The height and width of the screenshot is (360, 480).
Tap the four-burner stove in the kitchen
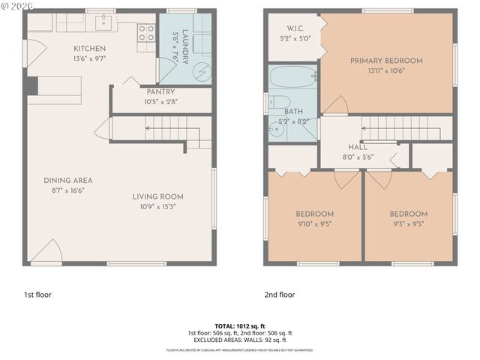(x=147, y=32)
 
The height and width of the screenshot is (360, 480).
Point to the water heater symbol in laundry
(x=200, y=71)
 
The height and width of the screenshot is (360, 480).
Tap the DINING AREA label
(x=67, y=180)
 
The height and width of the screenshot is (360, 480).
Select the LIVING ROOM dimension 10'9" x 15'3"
(x=157, y=207)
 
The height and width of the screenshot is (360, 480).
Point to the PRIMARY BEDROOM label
(x=385, y=61)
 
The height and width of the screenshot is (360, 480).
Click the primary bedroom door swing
(x=335, y=105)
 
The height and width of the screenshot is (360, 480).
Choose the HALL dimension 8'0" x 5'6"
(x=358, y=156)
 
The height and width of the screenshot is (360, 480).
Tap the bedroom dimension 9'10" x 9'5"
(x=313, y=223)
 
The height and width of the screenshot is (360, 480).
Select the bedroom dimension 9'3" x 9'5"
(x=408, y=223)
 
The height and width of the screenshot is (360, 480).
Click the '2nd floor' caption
(x=280, y=295)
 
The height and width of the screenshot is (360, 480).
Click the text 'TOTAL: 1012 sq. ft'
(x=239, y=326)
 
